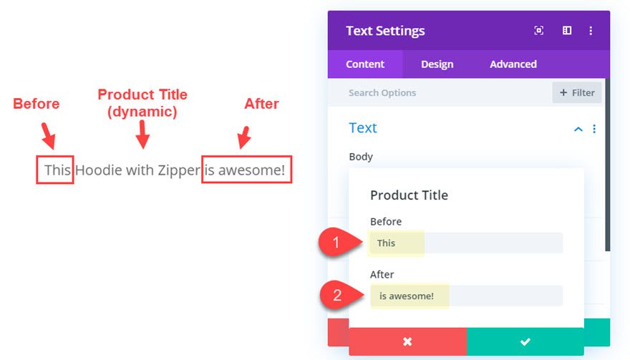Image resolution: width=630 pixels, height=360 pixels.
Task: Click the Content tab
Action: (x=365, y=64)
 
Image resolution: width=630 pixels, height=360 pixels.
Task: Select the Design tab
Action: (x=437, y=64)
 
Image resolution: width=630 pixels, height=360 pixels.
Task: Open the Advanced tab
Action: (x=513, y=64)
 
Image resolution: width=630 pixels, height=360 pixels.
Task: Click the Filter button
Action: (x=576, y=93)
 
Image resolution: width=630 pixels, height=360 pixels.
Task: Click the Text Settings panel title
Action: (x=385, y=31)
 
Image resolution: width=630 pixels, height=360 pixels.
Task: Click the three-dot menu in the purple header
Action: (x=591, y=31)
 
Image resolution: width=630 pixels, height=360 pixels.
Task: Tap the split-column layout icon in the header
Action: (x=567, y=31)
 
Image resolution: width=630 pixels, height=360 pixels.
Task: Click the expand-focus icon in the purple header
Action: (x=539, y=31)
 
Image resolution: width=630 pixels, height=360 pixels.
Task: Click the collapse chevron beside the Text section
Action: (x=578, y=129)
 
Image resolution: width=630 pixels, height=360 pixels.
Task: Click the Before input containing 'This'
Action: (x=466, y=243)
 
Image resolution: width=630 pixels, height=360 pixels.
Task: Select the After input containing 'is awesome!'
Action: (x=466, y=296)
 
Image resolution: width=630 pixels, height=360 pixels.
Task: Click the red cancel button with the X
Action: (x=407, y=341)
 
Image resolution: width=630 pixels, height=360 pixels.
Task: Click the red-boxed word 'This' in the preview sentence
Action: (x=57, y=170)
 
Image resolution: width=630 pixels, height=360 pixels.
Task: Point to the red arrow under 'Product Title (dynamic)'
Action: (x=142, y=135)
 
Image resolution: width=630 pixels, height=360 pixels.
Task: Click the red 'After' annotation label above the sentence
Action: (x=261, y=104)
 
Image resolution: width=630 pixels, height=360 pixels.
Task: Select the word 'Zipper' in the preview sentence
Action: (x=179, y=170)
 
